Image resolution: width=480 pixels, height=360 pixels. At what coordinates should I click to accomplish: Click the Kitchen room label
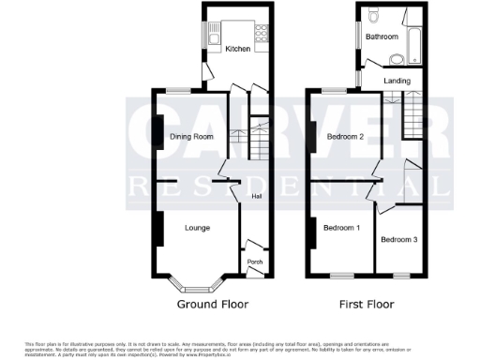237,49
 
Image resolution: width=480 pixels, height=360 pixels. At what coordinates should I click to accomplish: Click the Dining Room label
191,137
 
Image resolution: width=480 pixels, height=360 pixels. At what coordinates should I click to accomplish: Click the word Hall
257,196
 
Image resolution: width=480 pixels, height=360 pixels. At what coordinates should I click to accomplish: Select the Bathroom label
382,37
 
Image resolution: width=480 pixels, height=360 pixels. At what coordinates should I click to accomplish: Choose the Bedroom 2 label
345,137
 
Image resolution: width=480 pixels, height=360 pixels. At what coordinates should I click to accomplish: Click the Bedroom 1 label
341,228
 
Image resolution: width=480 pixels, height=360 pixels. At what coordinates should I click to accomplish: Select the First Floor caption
367,305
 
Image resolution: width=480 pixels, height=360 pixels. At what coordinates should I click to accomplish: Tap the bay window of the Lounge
195,283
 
